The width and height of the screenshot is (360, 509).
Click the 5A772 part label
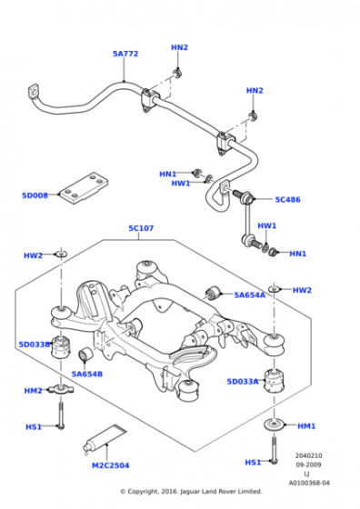coord(125,54)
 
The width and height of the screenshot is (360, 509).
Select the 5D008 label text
coord(35,195)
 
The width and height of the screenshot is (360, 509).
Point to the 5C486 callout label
coord(287,199)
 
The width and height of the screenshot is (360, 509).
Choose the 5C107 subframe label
coord(140,229)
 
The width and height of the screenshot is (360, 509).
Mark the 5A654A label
coord(249,294)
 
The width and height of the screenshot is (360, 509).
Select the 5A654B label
coord(87,374)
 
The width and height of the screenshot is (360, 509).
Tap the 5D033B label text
coord(35,344)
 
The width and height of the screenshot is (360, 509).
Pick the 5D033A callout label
coord(243,382)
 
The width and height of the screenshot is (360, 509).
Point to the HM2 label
coord(33,391)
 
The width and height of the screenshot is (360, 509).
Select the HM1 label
coord(305,425)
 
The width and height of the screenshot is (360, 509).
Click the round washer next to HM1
coord(274,425)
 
